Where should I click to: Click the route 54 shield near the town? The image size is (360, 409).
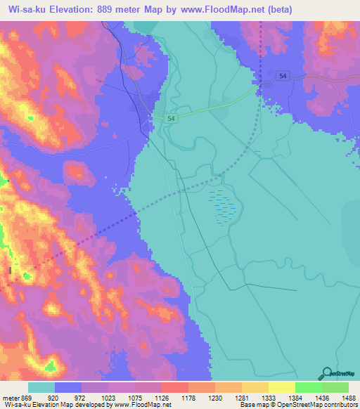click(x=171, y=119)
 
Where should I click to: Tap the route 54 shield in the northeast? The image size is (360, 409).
click(x=282, y=75)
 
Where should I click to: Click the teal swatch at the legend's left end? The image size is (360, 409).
click(x=41, y=387)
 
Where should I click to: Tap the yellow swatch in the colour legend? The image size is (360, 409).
click(x=281, y=387)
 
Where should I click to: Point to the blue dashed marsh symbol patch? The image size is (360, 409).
click(x=223, y=205)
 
